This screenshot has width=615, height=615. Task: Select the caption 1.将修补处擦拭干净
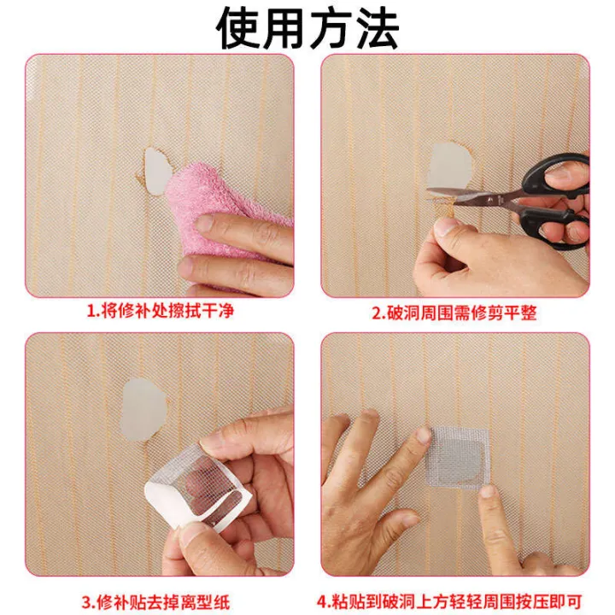pos(160,312)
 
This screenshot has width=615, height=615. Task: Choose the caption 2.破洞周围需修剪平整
pos(454,313)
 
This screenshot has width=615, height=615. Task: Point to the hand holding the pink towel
pos(239,248)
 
